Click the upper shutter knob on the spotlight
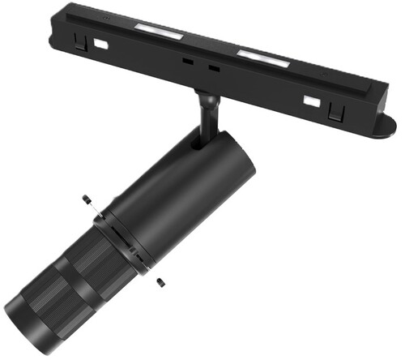tap(86, 199)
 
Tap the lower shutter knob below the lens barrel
tap(162, 281)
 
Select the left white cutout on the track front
tap(100, 45)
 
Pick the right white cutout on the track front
tap(310, 101)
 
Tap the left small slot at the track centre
tap(187, 62)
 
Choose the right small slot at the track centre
tap(214, 69)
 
